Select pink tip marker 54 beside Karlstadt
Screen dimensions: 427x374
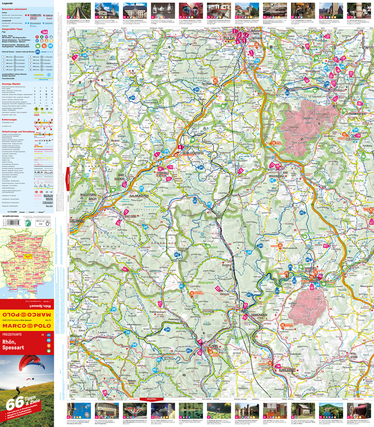point(277,366)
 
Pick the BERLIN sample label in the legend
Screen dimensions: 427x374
point(48,195)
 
